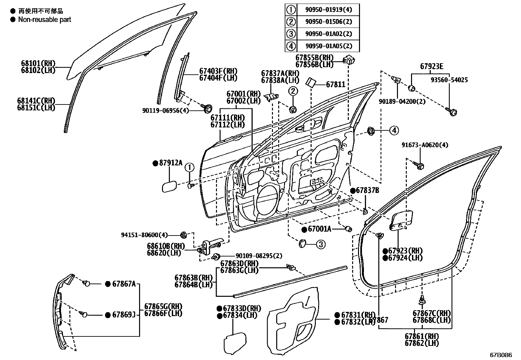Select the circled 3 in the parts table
click(291, 34)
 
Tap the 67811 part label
click(335, 85)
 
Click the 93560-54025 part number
click(449, 80)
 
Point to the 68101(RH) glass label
click(38, 64)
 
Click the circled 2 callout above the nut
click(293, 91)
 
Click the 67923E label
click(432, 67)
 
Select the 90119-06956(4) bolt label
click(166, 111)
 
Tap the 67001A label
click(319, 229)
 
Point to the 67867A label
click(123, 284)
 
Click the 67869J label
click(123, 315)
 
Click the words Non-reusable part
click(45, 19)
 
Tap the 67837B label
click(367, 190)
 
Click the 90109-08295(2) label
click(259, 256)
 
